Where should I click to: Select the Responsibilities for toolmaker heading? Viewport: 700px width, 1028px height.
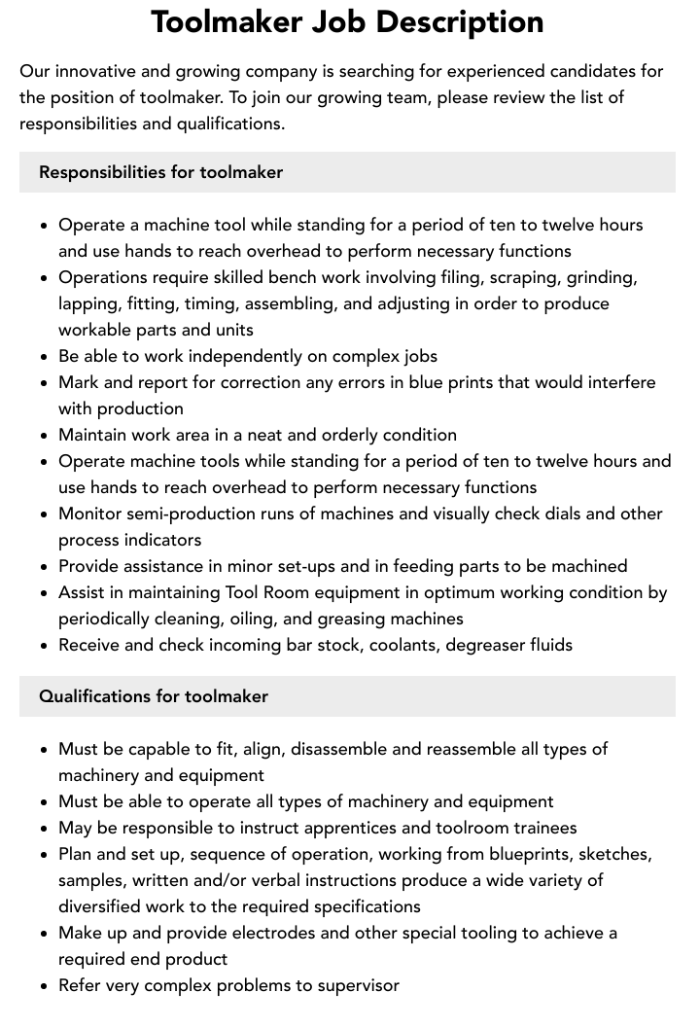160,172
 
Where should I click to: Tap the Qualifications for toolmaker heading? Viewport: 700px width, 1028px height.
154,696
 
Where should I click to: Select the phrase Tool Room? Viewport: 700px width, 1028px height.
263,592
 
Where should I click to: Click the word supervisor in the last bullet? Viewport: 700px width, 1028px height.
353,985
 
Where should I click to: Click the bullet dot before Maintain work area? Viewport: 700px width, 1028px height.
44,436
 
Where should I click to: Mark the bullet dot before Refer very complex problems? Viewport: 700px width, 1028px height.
44,986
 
